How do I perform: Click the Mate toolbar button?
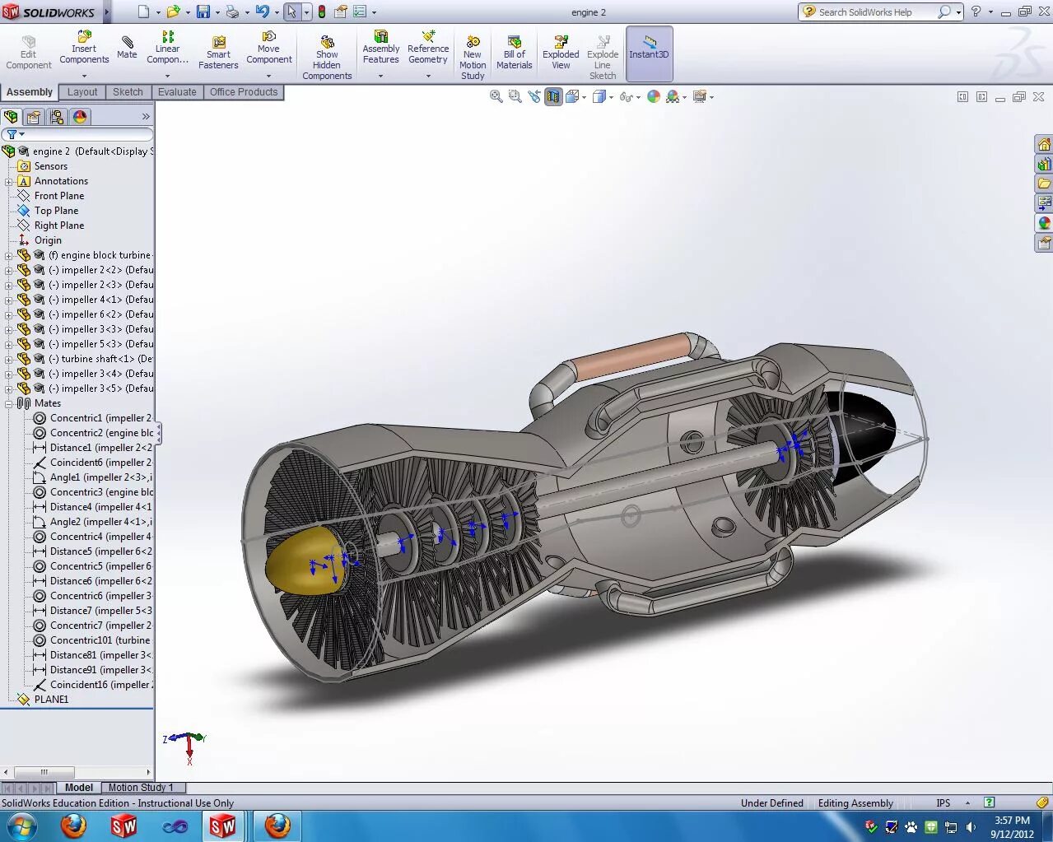click(127, 48)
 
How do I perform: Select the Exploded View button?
click(561, 53)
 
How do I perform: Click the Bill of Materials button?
click(515, 53)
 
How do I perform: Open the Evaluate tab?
click(177, 92)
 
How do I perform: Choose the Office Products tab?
click(244, 92)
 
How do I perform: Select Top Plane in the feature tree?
click(56, 211)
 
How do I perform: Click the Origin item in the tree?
click(48, 240)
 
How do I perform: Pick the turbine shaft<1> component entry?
click(97, 359)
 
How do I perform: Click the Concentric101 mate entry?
click(100, 640)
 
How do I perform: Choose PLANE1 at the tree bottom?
click(51, 700)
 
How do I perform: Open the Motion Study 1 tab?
click(141, 788)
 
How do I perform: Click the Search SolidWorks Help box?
click(873, 12)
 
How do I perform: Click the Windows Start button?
click(21, 826)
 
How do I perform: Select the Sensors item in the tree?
click(50, 166)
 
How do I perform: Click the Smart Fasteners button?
click(218, 53)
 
